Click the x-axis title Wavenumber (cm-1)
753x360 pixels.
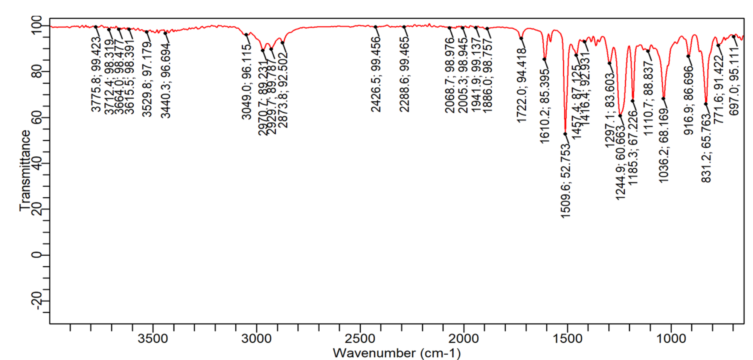coord(396,353)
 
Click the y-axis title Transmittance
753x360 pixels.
coord(25,170)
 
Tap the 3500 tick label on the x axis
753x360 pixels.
coord(153,338)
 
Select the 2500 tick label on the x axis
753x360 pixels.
coord(360,338)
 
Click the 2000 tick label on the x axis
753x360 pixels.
coord(463,338)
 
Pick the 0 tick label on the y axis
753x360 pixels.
coord(37,255)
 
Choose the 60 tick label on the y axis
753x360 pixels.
coord(37,117)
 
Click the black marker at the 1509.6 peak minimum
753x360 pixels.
coord(565,134)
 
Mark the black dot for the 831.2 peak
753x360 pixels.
coord(706,104)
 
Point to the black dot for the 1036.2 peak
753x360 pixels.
coord(663,99)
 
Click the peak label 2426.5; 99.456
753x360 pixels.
coord(376,74)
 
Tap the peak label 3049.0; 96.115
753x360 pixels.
coord(247,82)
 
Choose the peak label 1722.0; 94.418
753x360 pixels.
coord(521,85)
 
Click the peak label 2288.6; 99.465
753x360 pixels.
coord(404,74)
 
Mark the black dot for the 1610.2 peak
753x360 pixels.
coord(544,59)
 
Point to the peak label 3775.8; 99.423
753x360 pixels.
coord(96,74)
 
